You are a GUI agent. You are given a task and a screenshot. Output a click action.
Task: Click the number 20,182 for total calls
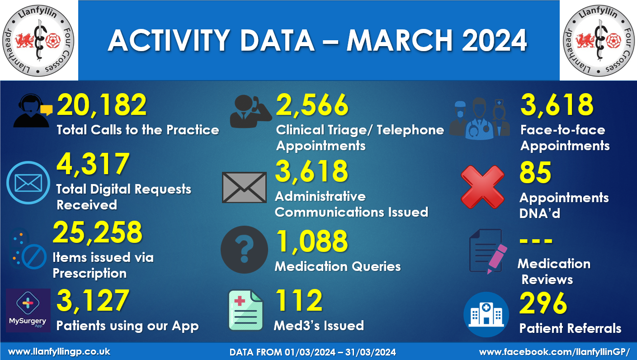(102, 105)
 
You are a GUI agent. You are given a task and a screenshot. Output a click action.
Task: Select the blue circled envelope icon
(28, 183)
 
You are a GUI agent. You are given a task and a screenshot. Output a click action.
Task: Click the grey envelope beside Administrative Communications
(244, 187)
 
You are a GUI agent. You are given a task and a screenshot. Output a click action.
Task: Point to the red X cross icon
(482, 186)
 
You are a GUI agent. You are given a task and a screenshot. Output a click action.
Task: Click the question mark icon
(244, 250)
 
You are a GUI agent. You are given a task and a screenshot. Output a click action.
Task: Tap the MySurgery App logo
(28, 310)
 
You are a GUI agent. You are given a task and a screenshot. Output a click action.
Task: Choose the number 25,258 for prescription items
(98, 233)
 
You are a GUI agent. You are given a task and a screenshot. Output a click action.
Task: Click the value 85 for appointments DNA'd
(535, 173)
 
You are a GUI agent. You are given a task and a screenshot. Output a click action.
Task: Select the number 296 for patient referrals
(543, 303)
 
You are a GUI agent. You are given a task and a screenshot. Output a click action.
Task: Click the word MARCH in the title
(399, 40)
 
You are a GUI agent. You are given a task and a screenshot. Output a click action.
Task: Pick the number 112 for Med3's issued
(299, 301)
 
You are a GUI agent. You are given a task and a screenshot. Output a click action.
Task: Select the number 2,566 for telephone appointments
(312, 105)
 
